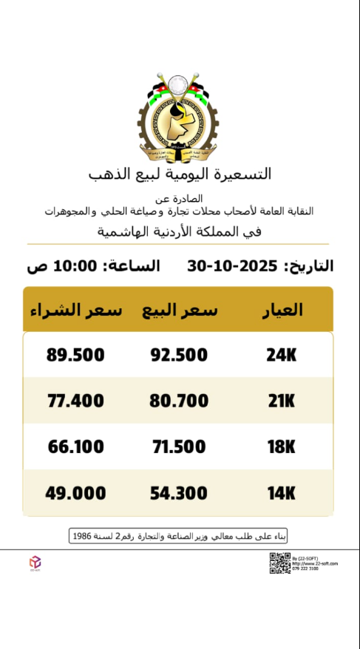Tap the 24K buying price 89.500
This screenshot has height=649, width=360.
point(75,356)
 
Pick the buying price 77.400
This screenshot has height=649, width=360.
point(75,401)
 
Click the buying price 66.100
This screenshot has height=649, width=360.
point(75,447)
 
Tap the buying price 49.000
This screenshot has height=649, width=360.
point(75,493)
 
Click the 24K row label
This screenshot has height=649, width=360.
point(281,356)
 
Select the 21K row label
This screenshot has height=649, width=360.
point(281,401)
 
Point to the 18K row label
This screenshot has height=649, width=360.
point(281,447)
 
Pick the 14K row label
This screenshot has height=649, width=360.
point(281,493)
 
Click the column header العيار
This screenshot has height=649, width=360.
point(282,310)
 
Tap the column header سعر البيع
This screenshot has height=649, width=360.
point(180,310)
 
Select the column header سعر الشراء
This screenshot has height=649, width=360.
point(75,310)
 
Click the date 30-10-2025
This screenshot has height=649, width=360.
point(232,266)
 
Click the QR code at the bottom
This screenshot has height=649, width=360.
point(279,563)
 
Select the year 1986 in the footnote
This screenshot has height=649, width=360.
point(82,535)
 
